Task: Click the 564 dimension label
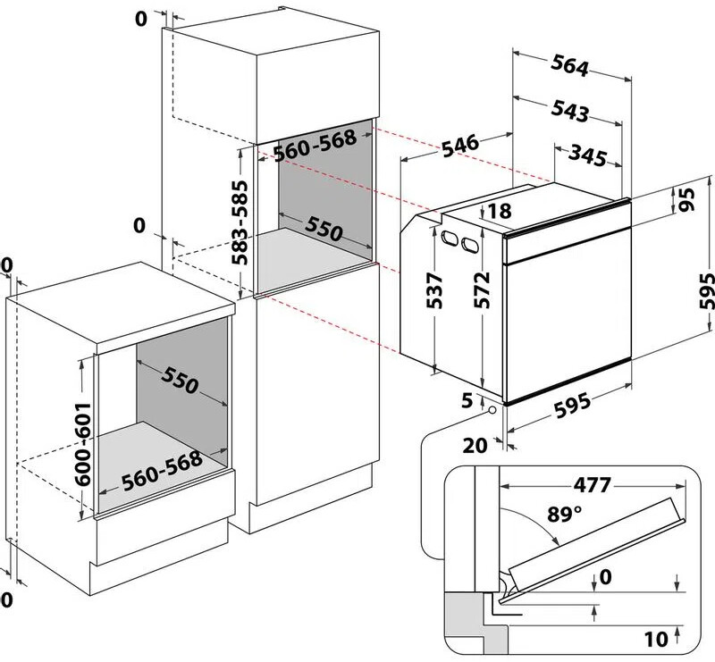pyautogui.click(x=569, y=68)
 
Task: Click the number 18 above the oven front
pyautogui.click(x=500, y=211)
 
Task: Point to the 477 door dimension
pyautogui.click(x=586, y=485)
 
